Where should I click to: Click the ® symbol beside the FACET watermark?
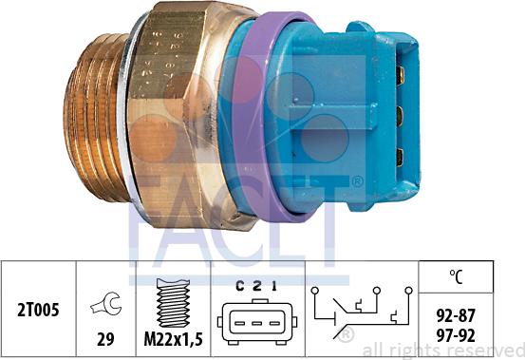tap(356, 180)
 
